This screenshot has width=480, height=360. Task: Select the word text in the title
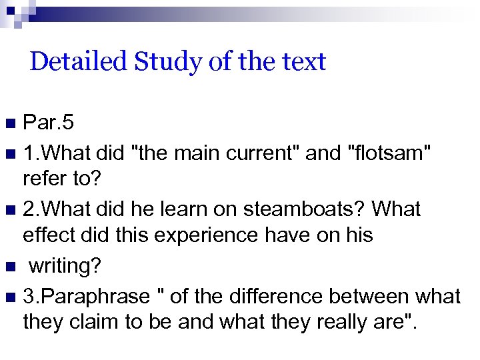(303, 62)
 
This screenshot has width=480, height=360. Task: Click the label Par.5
(48, 123)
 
